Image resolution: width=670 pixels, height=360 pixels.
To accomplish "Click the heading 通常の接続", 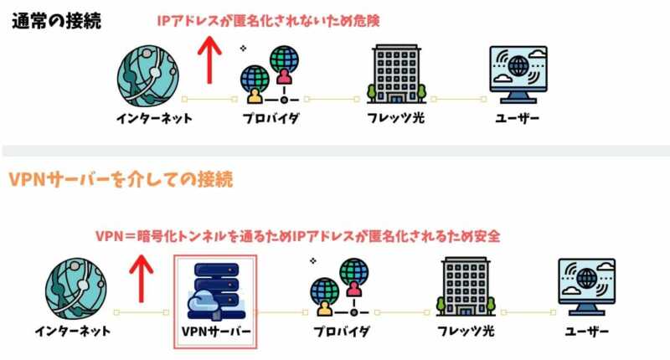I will [x=57, y=21].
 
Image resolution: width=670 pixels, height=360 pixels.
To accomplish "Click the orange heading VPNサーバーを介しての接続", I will [x=121, y=179].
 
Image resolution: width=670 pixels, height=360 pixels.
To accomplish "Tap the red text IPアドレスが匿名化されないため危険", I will [x=269, y=21].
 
